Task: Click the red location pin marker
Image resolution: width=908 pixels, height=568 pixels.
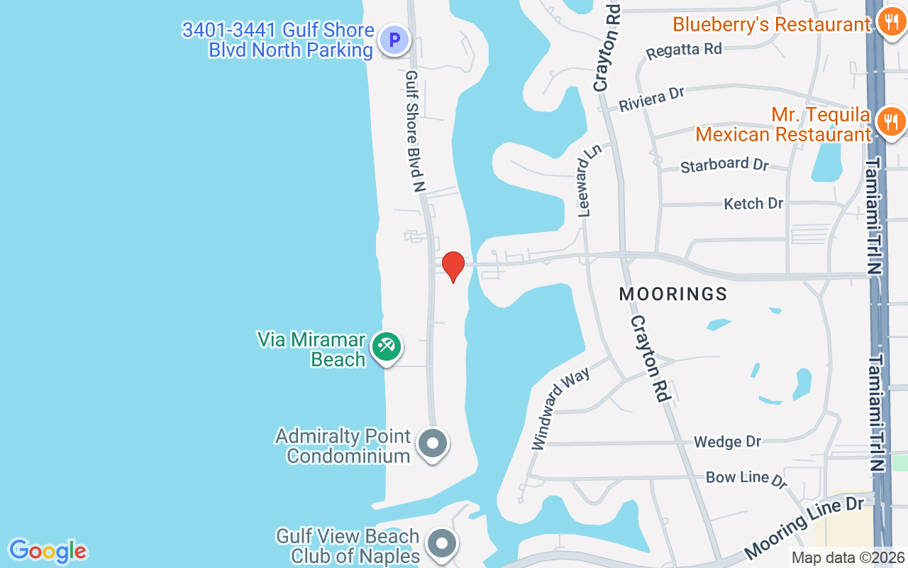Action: [x=453, y=266]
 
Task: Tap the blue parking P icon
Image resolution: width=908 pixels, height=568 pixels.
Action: [x=394, y=39]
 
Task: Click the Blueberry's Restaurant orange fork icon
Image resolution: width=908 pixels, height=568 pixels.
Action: [x=890, y=23]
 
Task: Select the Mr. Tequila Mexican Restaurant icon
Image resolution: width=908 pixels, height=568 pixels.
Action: [x=890, y=122]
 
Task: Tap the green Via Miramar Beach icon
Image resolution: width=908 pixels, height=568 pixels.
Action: [x=387, y=347]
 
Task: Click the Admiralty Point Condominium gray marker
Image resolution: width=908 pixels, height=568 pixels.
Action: [x=433, y=444]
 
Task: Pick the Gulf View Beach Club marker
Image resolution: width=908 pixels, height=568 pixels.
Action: [x=443, y=544]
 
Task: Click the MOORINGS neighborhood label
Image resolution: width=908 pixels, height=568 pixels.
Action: [x=673, y=294]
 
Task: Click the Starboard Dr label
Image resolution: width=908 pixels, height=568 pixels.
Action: [x=724, y=165]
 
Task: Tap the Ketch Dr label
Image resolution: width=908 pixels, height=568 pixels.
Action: [x=753, y=204]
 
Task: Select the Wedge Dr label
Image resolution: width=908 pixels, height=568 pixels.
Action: [x=727, y=442]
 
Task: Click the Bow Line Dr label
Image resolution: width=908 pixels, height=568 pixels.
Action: [x=746, y=479]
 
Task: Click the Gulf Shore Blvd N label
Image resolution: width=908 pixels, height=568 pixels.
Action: [x=415, y=131]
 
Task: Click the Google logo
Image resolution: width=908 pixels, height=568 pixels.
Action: [x=48, y=551]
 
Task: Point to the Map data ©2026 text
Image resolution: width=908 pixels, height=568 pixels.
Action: [x=848, y=557]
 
